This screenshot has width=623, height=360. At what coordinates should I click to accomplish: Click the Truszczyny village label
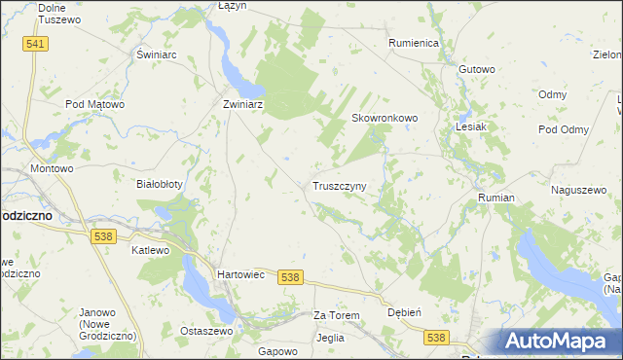click(339, 185)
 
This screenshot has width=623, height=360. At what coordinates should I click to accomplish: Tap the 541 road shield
click(36, 45)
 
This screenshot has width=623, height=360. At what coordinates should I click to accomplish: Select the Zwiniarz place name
click(244, 102)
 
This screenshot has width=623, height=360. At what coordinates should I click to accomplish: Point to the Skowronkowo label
click(384, 118)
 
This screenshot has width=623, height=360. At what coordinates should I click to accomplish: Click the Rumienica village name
click(415, 44)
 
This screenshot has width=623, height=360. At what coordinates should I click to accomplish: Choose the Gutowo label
click(477, 69)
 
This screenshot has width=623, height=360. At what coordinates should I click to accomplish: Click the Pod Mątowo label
click(94, 103)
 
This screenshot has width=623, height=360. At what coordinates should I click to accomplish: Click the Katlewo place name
click(150, 250)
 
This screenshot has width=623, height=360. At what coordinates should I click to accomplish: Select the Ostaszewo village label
click(204, 331)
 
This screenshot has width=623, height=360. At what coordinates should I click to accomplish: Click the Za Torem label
click(336, 316)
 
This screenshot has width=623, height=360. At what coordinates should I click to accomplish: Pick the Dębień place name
click(404, 313)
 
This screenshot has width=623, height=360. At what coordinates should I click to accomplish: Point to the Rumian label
click(495, 198)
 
